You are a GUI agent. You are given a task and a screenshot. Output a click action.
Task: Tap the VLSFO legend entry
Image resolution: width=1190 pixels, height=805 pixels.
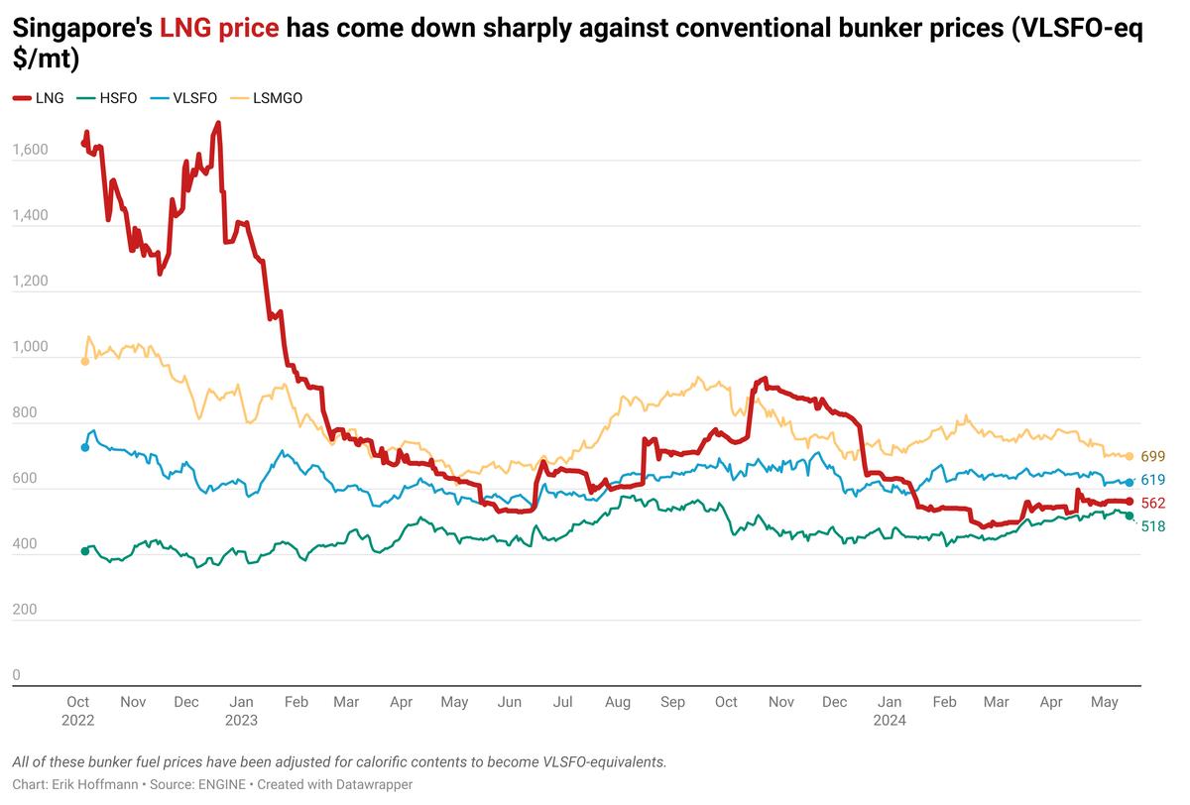[185, 98]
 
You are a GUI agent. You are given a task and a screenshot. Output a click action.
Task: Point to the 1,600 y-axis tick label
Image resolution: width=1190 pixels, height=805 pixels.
[30, 151]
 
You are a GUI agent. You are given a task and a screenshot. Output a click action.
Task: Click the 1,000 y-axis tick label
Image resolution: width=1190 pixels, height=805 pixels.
[30, 348]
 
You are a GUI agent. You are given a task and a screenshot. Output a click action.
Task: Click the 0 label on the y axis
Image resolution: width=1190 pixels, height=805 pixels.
[16, 676]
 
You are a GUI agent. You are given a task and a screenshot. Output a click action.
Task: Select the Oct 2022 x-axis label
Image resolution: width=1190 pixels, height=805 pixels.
[78, 711]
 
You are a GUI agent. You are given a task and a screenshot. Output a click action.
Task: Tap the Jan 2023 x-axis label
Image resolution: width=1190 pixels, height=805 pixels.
[241, 711]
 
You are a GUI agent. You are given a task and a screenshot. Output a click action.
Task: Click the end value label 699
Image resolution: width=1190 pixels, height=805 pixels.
[1152, 457]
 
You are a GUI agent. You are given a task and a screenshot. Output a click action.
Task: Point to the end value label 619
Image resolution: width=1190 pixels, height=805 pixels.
[1152, 480]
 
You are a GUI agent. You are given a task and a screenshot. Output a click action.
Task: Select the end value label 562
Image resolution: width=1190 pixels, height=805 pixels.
[1152, 504]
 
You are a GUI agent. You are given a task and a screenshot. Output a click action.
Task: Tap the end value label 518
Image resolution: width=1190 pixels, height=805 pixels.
[1152, 526]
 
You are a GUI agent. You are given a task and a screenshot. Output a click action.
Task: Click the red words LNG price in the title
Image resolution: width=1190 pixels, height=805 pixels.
[219, 31]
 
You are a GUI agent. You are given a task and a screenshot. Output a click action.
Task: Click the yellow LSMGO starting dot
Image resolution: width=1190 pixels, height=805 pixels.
[85, 361]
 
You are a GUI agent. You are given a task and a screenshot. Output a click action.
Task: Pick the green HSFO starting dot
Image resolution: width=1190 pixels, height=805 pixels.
[85, 551]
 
